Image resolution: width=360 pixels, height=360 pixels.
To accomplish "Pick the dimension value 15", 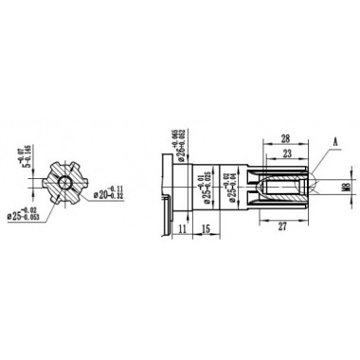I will [x=206, y=228].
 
